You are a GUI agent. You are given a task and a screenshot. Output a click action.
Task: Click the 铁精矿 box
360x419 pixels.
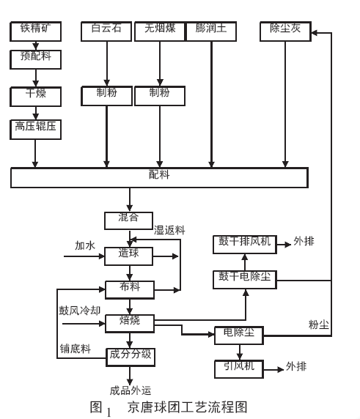(35, 31)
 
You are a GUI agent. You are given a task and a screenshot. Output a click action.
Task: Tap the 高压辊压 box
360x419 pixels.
(35, 129)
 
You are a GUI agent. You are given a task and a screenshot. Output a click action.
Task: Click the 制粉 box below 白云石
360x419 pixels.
(108, 94)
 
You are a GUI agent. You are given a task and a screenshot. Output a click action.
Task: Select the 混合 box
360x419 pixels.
(129, 220)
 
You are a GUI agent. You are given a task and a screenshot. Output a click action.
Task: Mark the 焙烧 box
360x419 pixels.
(129, 322)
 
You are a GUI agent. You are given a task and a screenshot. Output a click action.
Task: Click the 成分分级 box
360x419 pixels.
(129, 355)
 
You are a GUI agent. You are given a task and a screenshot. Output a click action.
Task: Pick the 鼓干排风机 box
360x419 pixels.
(244, 243)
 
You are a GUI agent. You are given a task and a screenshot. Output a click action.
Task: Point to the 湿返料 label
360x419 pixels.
(169, 230)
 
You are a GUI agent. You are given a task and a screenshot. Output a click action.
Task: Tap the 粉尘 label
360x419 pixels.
(319, 324)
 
